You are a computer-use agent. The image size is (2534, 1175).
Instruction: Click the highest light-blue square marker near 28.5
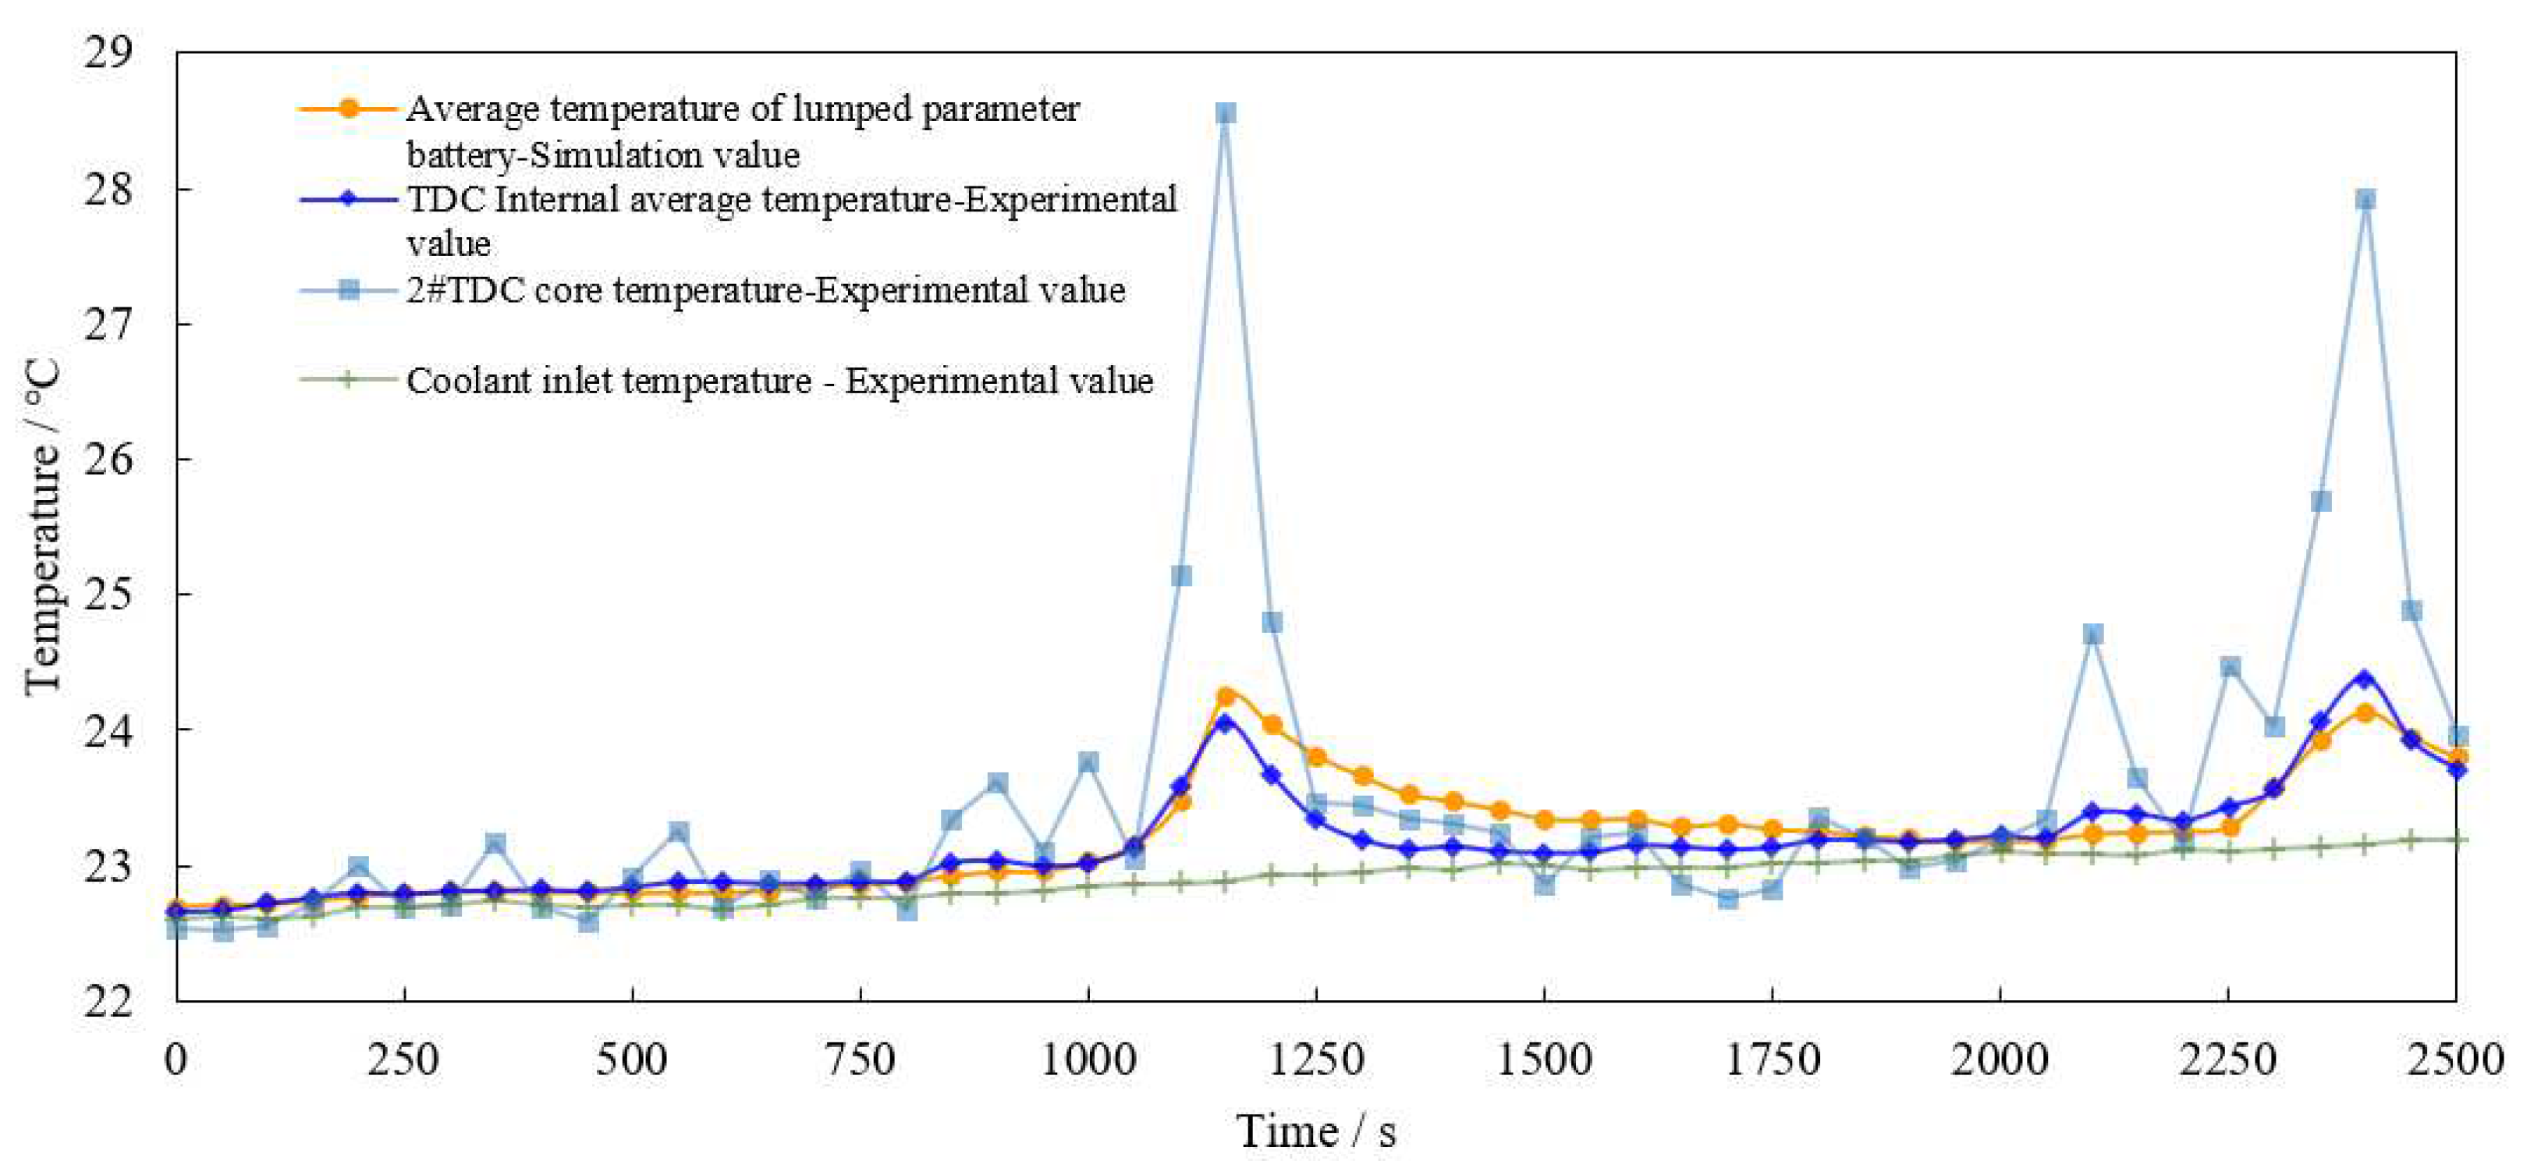point(1226,113)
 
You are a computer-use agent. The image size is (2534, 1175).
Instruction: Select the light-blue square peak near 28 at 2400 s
point(2365,200)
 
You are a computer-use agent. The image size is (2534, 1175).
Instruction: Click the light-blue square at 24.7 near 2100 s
point(2092,634)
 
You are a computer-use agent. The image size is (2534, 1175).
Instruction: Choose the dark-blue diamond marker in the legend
point(347,200)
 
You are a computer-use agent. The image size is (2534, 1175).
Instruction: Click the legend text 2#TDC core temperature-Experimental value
point(765,290)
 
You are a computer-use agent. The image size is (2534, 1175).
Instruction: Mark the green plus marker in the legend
point(347,381)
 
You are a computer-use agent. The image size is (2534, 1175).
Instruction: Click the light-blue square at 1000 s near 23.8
point(1088,763)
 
